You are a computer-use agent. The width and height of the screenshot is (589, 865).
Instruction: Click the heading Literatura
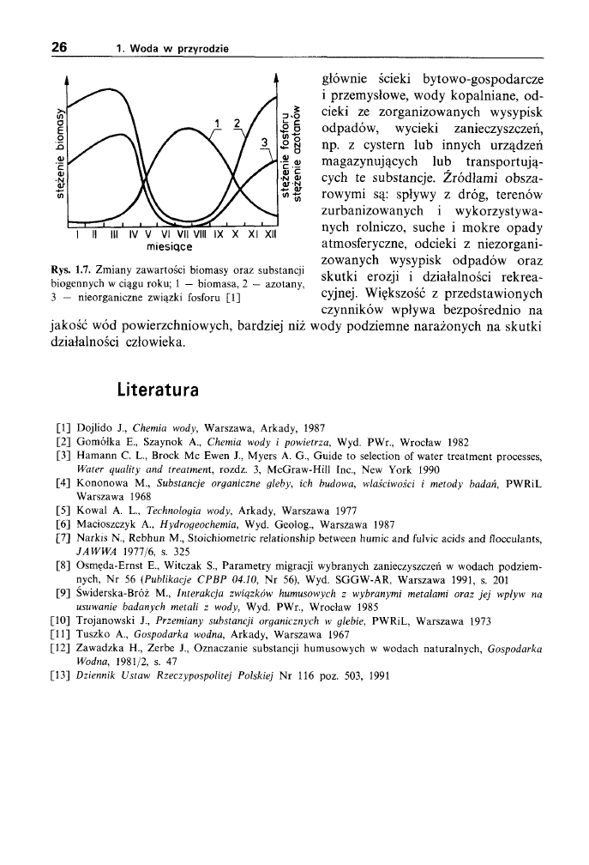click(159, 389)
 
